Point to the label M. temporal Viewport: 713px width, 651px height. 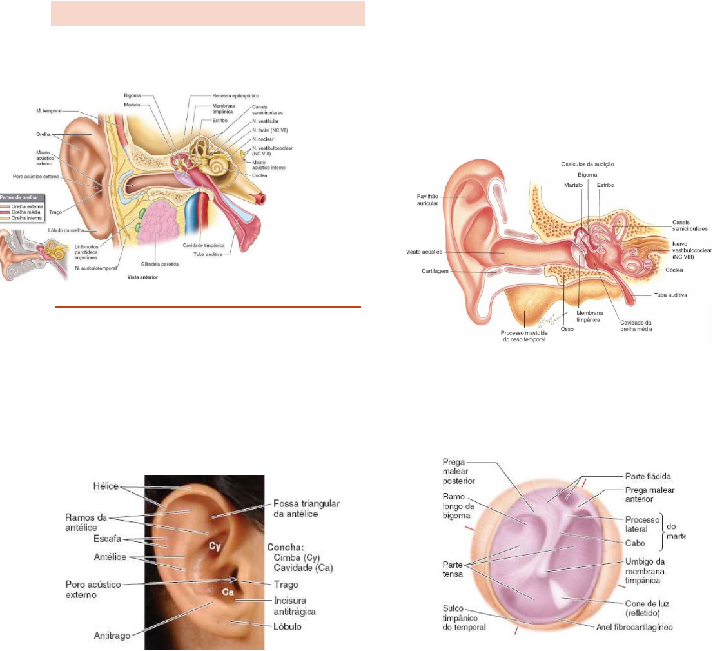tap(49, 111)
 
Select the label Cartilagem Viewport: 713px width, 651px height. tap(427, 272)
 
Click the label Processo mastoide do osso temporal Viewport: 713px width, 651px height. tap(524, 336)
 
